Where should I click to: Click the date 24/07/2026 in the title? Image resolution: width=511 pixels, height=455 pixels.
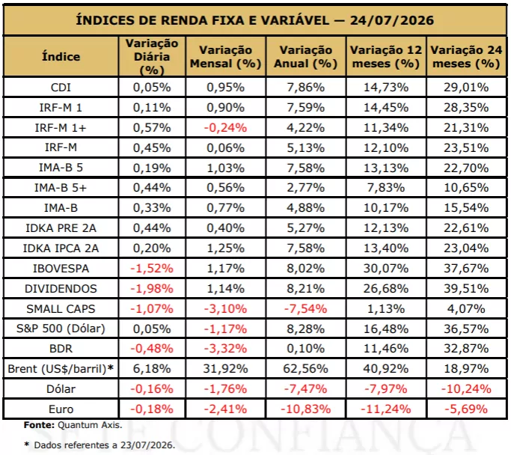pos(392,20)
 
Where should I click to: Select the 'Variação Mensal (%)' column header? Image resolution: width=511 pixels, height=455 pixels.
pos(225,57)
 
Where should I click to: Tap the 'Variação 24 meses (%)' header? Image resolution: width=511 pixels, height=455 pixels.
pos(466,57)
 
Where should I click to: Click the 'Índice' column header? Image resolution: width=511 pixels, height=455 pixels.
pos(61,57)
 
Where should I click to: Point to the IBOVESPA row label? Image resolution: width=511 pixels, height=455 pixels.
pos(61,269)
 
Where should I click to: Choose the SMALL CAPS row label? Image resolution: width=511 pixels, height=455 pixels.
pos(61,308)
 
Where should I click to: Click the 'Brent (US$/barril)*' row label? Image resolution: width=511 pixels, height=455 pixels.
pos(61,369)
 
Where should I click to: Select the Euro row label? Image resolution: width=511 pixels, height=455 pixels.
pos(61,409)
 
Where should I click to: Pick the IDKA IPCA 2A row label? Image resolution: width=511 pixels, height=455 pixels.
pos(61,248)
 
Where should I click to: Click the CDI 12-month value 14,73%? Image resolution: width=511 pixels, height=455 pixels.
pos(386,88)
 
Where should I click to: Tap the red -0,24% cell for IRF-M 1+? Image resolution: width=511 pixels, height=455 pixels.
pos(225,128)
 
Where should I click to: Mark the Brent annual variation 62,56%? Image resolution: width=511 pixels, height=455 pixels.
pos(306,369)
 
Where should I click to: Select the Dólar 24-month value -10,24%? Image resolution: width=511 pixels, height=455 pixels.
pos(466,389)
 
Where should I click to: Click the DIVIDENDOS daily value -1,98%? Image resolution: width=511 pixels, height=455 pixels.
pos(152,289)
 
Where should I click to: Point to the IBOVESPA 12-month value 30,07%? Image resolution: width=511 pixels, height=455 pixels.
pos(386,269)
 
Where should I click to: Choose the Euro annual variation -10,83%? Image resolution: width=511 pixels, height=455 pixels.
pos(306,409)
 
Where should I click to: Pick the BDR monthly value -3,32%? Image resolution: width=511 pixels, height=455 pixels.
pos(225,349)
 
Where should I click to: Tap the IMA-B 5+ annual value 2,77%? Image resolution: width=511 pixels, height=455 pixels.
pos(306,188)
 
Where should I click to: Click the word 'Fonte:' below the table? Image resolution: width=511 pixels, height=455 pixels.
pos(39,425)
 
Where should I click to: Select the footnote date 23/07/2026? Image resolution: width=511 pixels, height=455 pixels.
pos(147,445)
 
